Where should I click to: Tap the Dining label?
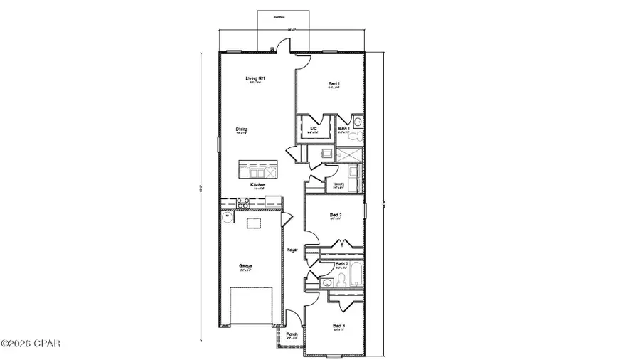(242, 129)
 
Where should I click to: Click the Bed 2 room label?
(336, 214)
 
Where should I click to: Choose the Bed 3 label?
(338, 326)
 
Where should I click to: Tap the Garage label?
(246, 266)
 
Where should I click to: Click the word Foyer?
(292, 250)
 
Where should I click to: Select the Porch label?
(292, 334)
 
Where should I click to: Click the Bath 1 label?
(343, 129)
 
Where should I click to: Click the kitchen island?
(259, 171)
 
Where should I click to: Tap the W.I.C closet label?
(313, 129)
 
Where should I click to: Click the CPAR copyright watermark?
(32, 344)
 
